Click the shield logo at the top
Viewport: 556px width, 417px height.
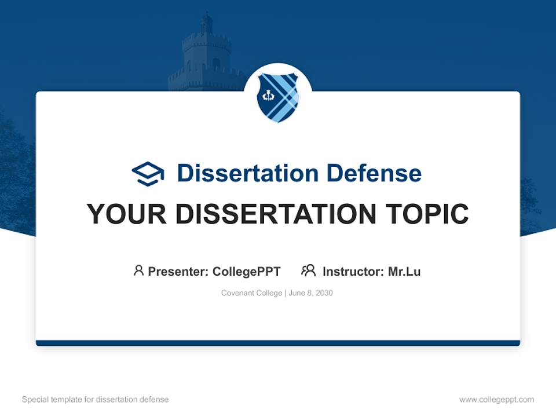click(278, 97)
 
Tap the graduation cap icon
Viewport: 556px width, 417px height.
click(148, 173)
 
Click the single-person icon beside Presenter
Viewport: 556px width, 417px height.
click(138, 270)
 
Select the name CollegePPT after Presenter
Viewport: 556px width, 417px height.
click(247, 272)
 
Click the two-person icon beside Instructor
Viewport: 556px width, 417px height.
click(308, 270)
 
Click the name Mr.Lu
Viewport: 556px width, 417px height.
click(404, 272)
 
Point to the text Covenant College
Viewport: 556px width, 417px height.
click(251, 293)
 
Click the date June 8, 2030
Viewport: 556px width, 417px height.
click(310, 293)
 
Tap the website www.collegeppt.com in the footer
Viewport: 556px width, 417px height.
click(496, 400)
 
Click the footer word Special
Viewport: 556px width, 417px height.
click(34, 400)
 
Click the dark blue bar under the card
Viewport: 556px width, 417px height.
click(278, 343)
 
